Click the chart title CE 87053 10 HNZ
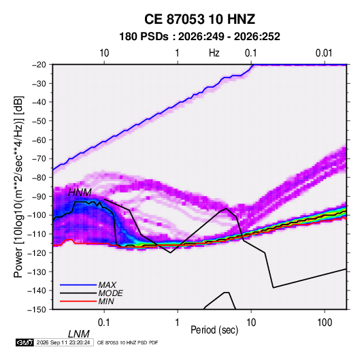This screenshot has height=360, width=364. pos(199,19)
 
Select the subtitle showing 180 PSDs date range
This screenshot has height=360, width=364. pos(199,37)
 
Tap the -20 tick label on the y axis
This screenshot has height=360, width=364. pos(39,65)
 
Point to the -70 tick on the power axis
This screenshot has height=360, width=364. pos(39,159)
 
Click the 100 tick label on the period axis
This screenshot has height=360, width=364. pos(325,322)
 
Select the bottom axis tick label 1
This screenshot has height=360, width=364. pos(178,322)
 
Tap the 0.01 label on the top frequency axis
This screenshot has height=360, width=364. pos(324,53)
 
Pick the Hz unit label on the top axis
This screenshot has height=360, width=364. pos(214,53)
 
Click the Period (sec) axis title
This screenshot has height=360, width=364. pos(214,330)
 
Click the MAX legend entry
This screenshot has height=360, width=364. pos(107,284)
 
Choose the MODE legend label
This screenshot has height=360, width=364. pos(110,293)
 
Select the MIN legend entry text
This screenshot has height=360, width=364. pos(106,301)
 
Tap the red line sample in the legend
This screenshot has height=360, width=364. pos(78,301)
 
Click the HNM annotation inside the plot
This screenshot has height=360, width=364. pos(80,193)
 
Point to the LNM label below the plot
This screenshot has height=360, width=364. pos(79,334)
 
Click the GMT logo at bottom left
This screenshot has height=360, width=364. pos(24,342)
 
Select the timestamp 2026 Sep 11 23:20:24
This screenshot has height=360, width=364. pos(63,342)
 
